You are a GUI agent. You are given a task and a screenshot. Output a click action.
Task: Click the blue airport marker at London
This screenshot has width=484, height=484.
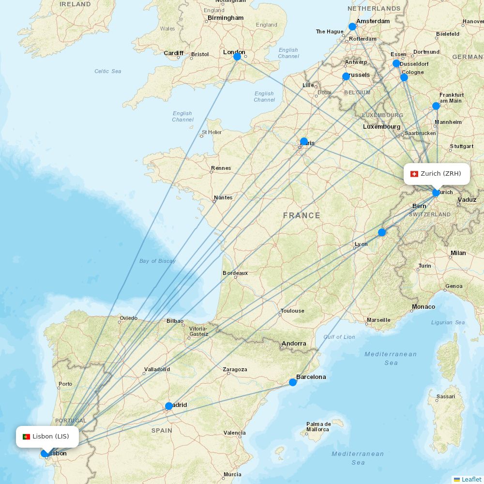pyautogui.click(x=237, y=57)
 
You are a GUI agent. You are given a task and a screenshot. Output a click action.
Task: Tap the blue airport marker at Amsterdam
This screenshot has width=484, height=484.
pyautogui.click(x=352, y=27)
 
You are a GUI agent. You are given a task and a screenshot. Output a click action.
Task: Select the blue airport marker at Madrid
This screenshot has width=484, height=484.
pyautogui.click(x=168, y=406)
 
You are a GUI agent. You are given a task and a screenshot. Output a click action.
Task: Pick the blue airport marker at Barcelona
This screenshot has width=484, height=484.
pyautogui.click(x=293, y=382)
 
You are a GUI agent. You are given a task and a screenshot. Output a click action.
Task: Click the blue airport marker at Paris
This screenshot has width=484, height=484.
pyautogui.click(x=303, y=141)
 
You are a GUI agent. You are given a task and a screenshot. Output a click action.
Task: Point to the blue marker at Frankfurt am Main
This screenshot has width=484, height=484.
pyautogui.click(x=436, y=106)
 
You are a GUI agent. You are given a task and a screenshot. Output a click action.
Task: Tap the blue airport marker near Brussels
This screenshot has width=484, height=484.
pyautogui.click(x=346, y=76)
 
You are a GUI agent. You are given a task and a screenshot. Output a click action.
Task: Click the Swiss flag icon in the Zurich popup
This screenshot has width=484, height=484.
pyautogui.click(x=414, y=174)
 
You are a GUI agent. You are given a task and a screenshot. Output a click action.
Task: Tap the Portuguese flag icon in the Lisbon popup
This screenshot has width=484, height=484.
pyautogui.click(x=26, y=437)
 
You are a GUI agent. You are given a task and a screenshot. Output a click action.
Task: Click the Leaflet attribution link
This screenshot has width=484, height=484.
pyautogui.click(x=471, y=479)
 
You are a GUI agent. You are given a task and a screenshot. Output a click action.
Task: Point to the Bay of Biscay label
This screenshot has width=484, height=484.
pyautogui.click(x=157, y=261)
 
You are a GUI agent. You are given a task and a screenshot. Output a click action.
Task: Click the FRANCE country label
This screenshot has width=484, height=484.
pyautogui.click(x=302, y=215)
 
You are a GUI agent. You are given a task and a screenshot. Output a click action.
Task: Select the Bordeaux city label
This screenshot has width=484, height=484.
pyautogui.click(x=235, y=273)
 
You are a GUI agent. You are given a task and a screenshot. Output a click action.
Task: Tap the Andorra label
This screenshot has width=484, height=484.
pyautogui.click(x=294, y=344)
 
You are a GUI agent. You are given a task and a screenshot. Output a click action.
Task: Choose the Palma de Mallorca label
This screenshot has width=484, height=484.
pyautogui.click(x=318, y=426)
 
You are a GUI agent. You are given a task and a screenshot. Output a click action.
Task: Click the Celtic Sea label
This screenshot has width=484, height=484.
pyautogui.click(x=108, y=71)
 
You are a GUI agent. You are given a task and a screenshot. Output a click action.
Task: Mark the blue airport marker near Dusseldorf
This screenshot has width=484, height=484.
pyautogui.click(x=396, y=63)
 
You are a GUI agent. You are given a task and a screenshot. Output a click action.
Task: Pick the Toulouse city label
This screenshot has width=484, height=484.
pyautogui.click(x=292, y=311)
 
